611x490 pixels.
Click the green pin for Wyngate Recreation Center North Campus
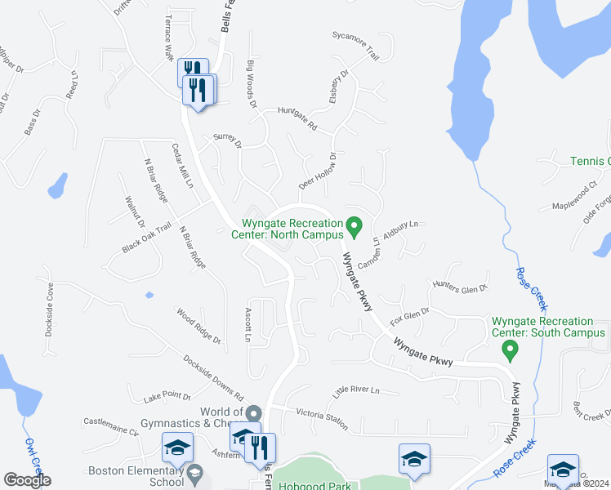354,224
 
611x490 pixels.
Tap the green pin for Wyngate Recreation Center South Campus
511,351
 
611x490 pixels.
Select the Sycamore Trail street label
355,46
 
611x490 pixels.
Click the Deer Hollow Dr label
318,171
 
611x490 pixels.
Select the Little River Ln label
357,390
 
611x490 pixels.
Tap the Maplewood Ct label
575,196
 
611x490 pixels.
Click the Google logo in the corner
27,479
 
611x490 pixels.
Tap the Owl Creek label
33,461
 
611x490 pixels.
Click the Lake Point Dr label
167,397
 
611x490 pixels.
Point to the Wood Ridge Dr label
198,325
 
